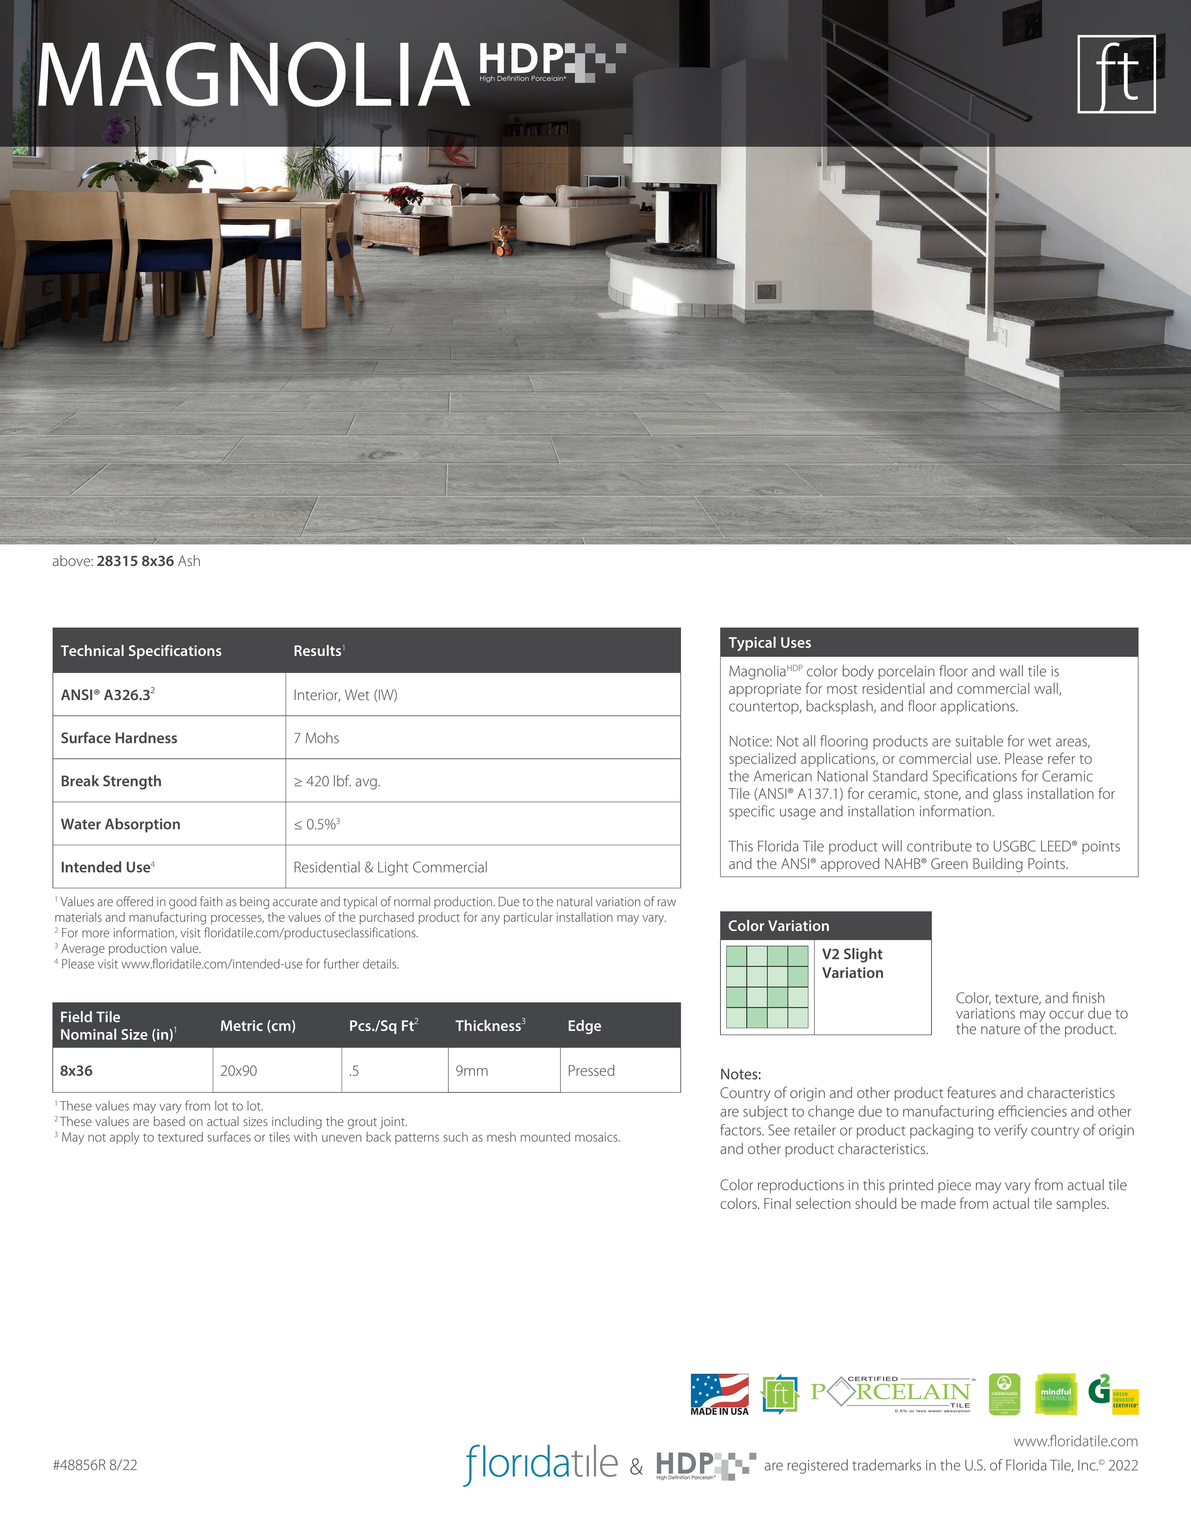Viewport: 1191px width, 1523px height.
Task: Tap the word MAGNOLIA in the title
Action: point(252,76)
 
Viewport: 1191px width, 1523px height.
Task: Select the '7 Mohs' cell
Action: point(316,738)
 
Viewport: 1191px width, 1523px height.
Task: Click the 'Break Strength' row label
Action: point(111,781)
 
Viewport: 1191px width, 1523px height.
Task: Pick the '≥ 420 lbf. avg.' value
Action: point(337,781)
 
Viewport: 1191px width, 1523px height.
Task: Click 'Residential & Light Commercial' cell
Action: point(390,867)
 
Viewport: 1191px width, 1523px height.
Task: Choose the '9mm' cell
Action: point(471,1070)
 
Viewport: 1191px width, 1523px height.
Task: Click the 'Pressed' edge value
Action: point(591,1070)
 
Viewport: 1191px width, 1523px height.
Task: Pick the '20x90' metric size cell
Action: point(239,1070)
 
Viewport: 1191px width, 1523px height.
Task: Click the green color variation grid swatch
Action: point(767,987)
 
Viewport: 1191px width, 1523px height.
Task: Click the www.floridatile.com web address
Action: point(1075,1441)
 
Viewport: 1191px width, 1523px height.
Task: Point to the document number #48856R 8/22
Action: point(95,1464)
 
